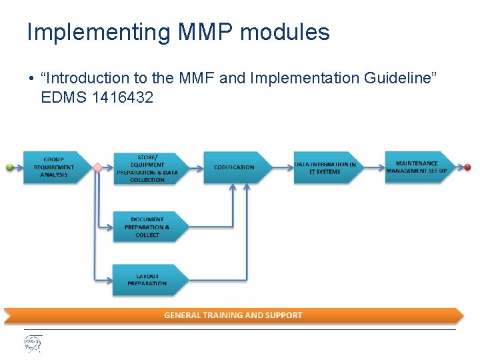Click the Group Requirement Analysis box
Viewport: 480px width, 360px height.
[54, 167]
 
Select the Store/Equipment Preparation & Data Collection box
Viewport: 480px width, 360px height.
[147, 168]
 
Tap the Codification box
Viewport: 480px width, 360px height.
[235, 167]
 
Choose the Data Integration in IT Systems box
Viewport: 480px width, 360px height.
[325, 167]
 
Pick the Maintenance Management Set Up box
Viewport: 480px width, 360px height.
[417, 167]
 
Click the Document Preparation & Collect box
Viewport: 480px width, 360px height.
[147, 227]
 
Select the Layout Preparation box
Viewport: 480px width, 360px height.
[147, 280]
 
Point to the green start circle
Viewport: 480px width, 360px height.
[10, 167]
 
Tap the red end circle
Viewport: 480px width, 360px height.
[468, 167]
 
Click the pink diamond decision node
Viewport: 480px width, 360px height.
[97, 168]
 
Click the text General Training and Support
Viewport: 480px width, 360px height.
[233, 315]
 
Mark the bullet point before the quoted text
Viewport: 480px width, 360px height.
[31, 79]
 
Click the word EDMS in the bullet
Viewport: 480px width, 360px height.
[60, 97]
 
